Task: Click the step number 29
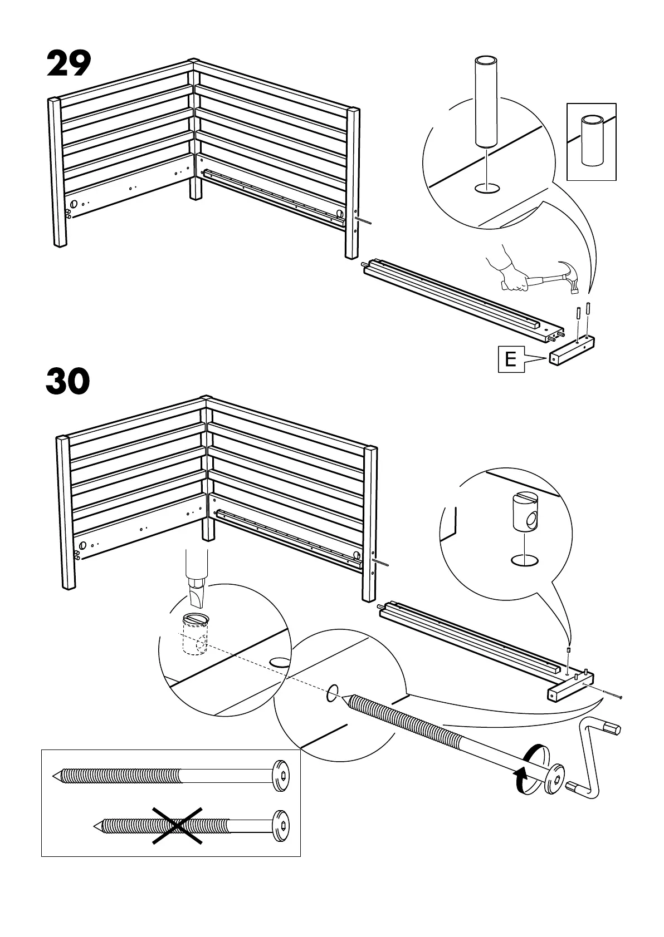click(69, 65)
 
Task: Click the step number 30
click(68, 382)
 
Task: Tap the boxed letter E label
click(510, 359)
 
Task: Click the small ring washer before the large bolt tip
click(331, 694)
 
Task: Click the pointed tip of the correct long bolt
click(56, 775)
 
